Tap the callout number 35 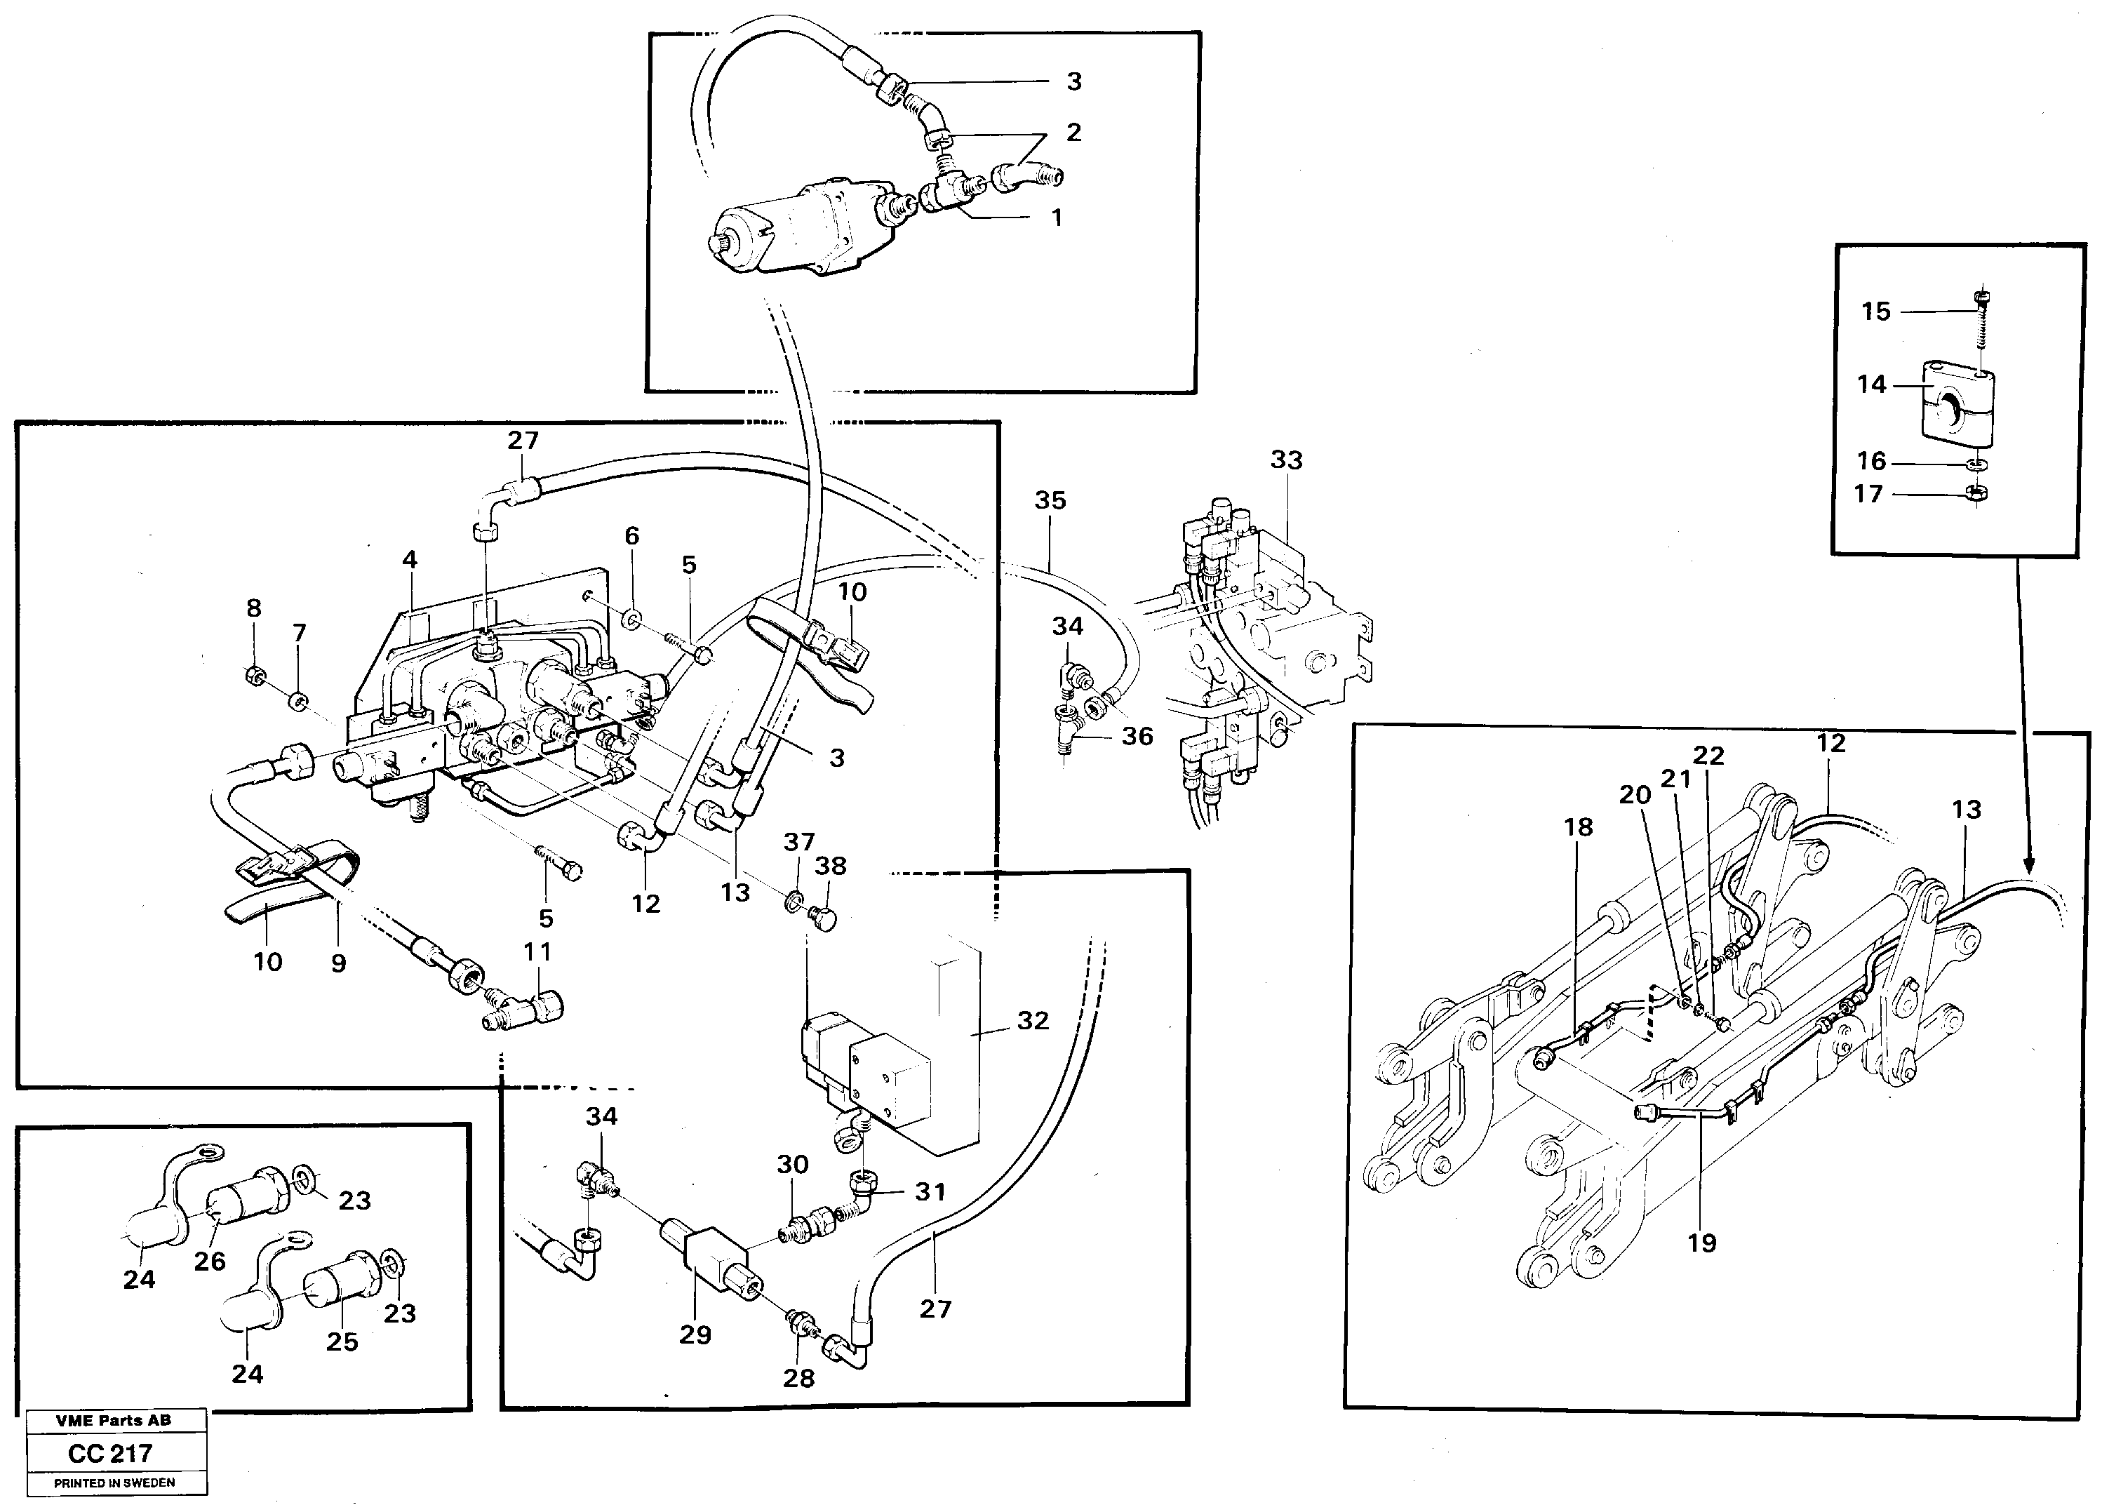tap(1050, 500)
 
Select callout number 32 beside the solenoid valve tap(1033, 1021)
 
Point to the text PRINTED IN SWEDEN tap(114, 1483)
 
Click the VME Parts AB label tap(113, 1420)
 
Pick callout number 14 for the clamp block tap(1871, 384)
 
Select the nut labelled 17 tap(1973, 494)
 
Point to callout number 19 tap(1701, 1243)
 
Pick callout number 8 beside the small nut tap(253, 608)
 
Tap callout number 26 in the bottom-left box tap(210, 1261)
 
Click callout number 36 tap(1137, 736)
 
